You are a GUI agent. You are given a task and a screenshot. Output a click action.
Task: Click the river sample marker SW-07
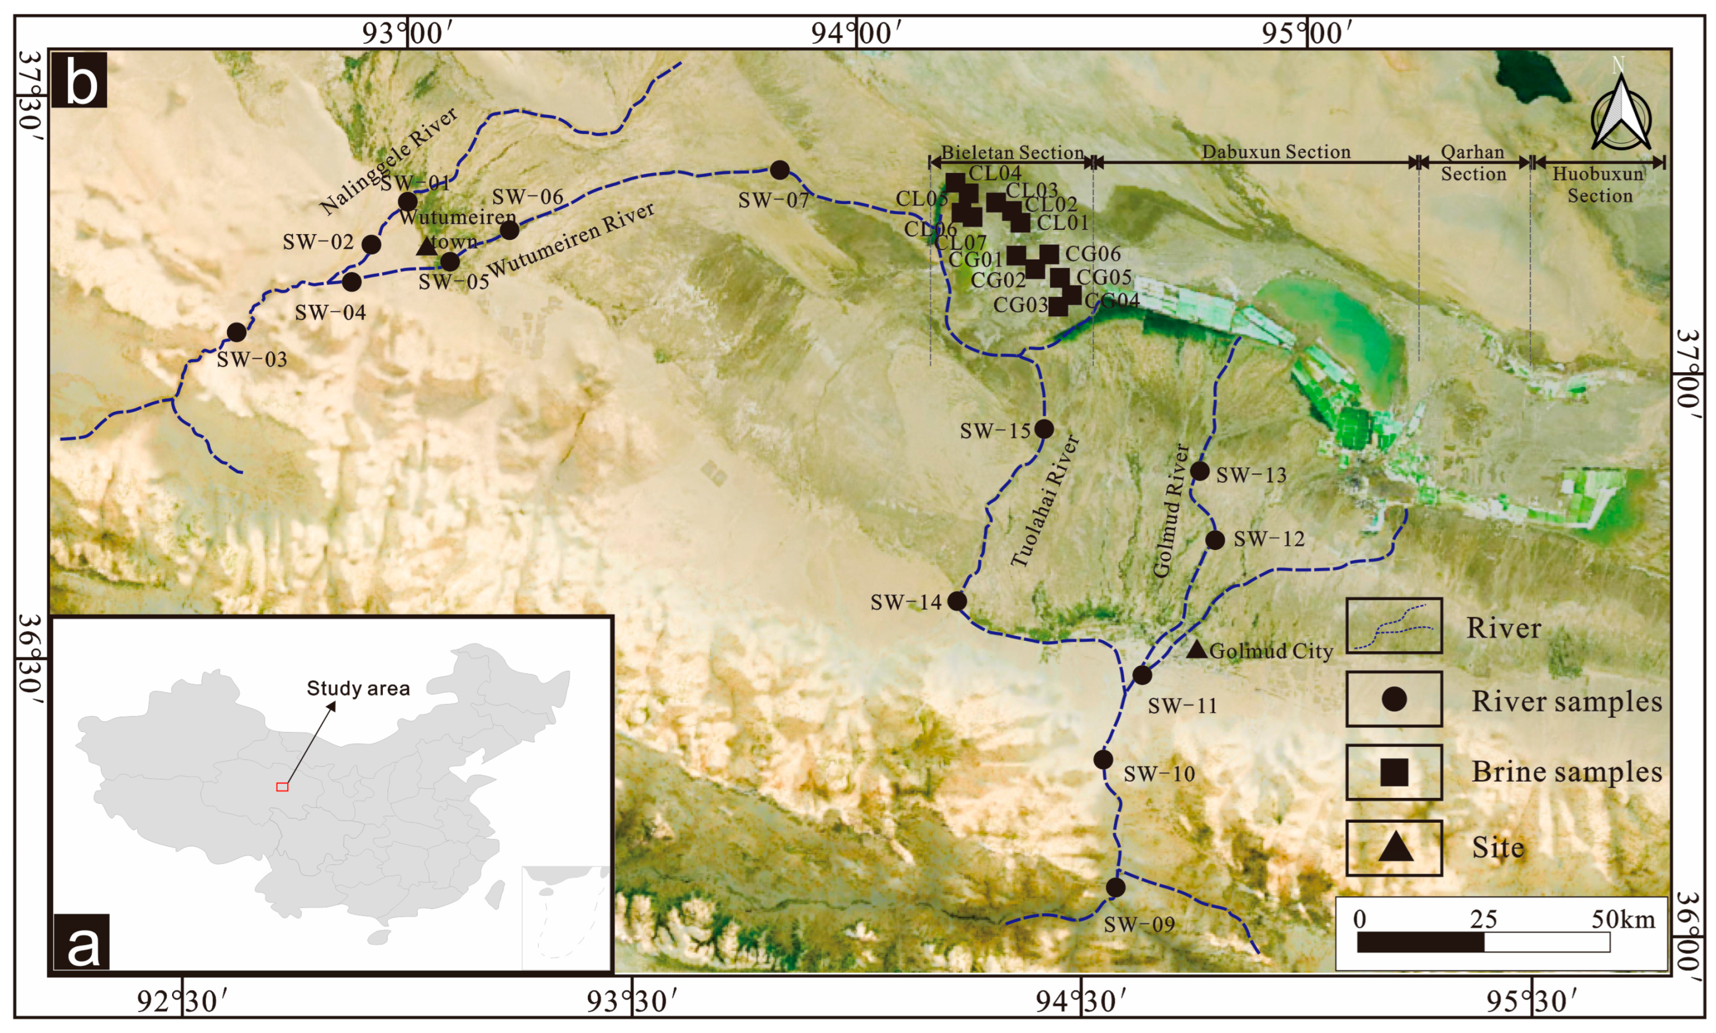779,170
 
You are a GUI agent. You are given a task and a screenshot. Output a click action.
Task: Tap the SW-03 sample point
237,332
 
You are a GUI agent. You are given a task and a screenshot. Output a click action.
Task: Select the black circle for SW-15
1043,429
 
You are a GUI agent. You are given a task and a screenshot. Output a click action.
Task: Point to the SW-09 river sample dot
1115,888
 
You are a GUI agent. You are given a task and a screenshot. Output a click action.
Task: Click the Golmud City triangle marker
1196,649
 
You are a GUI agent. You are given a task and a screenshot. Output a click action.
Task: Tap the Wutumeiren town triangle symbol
426,246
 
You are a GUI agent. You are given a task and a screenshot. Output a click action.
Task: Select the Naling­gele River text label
389,161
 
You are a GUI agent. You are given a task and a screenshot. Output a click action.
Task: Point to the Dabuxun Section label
1275,152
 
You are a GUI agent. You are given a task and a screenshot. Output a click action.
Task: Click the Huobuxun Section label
1598,185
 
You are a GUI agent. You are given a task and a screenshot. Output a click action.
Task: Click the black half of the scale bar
1420,943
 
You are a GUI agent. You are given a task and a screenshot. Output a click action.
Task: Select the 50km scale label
1623,919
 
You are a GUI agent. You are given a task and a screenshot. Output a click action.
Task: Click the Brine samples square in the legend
1394,772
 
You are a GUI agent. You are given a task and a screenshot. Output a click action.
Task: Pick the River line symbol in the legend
1394,626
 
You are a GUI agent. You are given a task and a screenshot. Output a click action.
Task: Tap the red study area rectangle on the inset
282,787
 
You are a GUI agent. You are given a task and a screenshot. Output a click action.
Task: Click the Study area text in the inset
358,688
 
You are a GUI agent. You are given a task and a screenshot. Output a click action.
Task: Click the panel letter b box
79,80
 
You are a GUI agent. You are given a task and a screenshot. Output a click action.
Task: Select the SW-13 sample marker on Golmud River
1199,471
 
